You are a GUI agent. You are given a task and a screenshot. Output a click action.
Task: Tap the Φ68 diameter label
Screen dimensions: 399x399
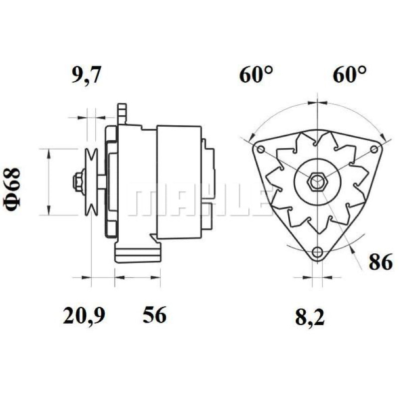coord(11,190)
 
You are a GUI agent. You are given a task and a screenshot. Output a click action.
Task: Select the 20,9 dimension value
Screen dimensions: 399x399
coord(84,315)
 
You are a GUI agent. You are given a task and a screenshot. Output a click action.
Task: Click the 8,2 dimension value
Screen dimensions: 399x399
coord(310,317)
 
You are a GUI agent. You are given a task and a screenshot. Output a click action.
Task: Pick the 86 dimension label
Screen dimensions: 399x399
coord(381,262)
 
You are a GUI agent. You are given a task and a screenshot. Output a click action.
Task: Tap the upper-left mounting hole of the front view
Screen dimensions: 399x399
coord(261,149)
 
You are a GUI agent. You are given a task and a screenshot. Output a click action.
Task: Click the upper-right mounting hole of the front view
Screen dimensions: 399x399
coord(374,149)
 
